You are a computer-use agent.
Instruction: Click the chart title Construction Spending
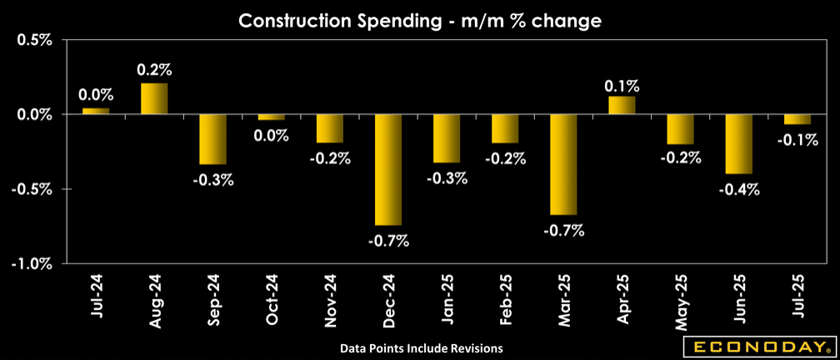[420, 21]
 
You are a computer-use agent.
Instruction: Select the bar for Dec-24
[388, 169]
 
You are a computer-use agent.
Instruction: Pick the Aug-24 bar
[154, 98]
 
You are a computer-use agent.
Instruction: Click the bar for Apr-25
[622, 105]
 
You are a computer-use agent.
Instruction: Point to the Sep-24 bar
[212, 139]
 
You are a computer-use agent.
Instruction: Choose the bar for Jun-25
[739, 143]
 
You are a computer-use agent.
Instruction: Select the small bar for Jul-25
[797, 119]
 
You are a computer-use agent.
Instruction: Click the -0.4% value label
[740, 189]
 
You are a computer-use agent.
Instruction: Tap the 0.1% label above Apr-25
[622, 85]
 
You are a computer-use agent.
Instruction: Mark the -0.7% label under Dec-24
[388, 242]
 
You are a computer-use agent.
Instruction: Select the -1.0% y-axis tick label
[33, 264]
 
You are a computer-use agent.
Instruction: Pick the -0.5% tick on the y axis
[33, 189]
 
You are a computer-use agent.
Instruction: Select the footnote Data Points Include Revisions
[422, 347]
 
